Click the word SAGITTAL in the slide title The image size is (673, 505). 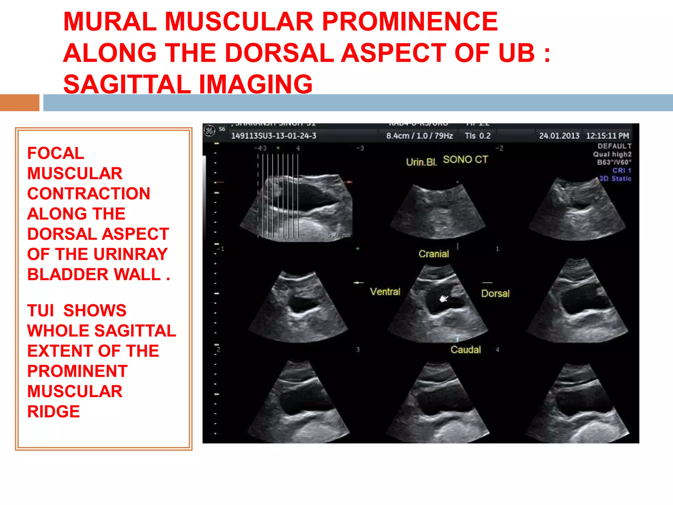pyautogui.click(x=127, y=84)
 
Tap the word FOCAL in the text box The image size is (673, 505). pyautogui.click(x=56, y=153)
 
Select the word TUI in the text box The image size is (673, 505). pyautogui.click(x=40, y=311)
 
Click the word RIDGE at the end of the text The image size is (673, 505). pyautogui.click(x=53, y=412)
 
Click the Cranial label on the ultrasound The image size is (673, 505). pyautogui.click(x=433, y=254)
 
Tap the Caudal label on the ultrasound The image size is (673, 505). pyautogui.click(x=465, y=349)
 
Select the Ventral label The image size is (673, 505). pyautogui.click(x=385, y=292)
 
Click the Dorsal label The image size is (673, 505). pyautogui.click(x=495, y=293)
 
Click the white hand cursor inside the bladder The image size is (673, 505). pyautogui.click(x=444, y=299)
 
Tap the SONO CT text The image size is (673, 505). pyautogui.click(x=465, y=160)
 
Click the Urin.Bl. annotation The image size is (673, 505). pyautogui.click(x=421, y=162)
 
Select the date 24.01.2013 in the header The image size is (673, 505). pyautogui.click(x=559, y=136)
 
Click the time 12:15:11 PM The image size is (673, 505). pyautogui.click(x=607, y=136)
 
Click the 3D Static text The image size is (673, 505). pyautogui.click(x=615, y=179)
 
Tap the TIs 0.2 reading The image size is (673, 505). pyautogui.click(x=477, y=136)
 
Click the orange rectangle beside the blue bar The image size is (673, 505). pyautogui.click(x=19, y=103)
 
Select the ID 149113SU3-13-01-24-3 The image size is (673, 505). pyautogui.click(x=273, y=136)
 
